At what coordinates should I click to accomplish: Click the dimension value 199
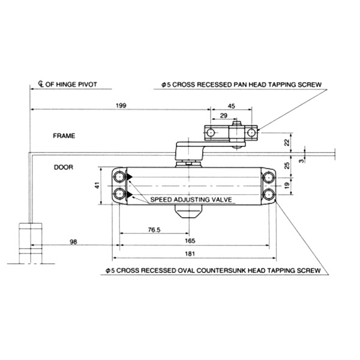(121, 106)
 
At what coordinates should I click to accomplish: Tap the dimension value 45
(232, 106)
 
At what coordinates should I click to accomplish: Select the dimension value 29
(223, 115)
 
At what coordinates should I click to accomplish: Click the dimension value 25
(286, 164)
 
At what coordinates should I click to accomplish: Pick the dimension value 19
(286, 187)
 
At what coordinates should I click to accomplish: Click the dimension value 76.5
(154, 229)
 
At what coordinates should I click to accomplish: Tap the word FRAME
(64, 136)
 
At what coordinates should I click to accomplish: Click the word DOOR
(62, 167)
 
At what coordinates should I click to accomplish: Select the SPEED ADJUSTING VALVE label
(191, 199)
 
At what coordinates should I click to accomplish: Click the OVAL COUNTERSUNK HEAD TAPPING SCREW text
(216, 271)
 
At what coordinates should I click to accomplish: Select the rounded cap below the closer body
(188, 213)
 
